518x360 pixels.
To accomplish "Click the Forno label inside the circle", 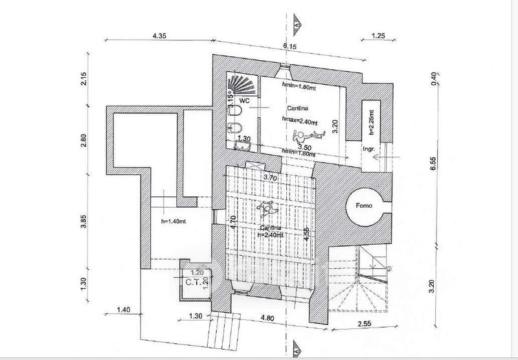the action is click(364, 205).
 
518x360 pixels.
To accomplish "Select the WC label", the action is click(245, 102).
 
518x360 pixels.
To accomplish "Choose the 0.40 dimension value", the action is click(434, 78).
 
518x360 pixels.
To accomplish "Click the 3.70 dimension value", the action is click(269, 175).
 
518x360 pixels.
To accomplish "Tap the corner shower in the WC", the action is click(242, 84).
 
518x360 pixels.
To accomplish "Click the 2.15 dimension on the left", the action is click(84, 80).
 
